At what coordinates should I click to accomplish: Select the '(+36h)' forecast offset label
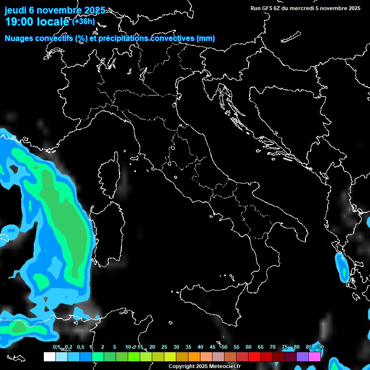point(83,22)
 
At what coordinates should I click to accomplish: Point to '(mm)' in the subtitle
point(206,39)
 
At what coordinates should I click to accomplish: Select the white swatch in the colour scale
point(49,357)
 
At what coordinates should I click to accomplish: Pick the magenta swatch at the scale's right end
point(315,357)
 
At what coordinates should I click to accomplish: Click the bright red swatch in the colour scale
point(254,357)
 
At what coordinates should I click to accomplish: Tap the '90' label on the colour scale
point(321,347)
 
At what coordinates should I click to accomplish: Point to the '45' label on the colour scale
point(212,347)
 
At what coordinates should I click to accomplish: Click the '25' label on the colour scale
point(164,347)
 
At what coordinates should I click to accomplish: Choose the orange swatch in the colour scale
point(194,357)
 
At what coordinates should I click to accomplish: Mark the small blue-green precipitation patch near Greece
point(343,267)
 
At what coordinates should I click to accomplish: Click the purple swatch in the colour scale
point(303,357)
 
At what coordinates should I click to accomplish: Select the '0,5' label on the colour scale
point(80,347)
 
